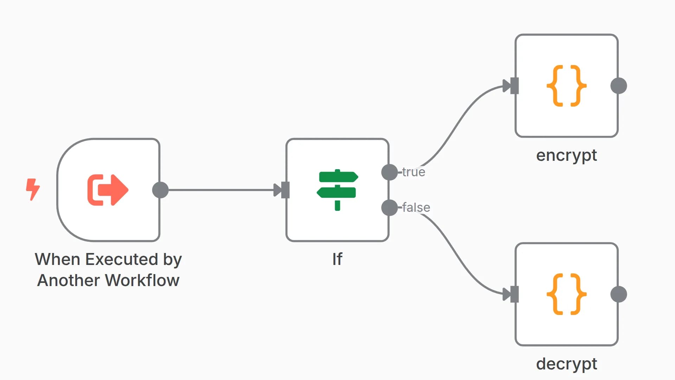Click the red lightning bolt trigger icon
tap(33, 189)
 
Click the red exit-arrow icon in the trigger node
tap(108, 190)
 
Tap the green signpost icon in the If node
tap(337, 190)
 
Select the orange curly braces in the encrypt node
tap(566, 86)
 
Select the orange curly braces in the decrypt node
tap(566, 294)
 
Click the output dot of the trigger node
tap(160, 190)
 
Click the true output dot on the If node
tap(390, 172)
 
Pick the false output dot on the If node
tap(390, 208)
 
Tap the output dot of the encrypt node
tap(619, 86)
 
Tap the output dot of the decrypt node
tap(619, 294)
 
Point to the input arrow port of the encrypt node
tap(511, 86)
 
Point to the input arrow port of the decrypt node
tap(511, 294)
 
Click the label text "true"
tap(414, 172)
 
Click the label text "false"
tap(416, 208)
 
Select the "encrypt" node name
tap(566, 155)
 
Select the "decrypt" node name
tap(566, 364)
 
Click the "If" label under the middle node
tap(337, 259)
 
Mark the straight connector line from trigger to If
tap(221, 190)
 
